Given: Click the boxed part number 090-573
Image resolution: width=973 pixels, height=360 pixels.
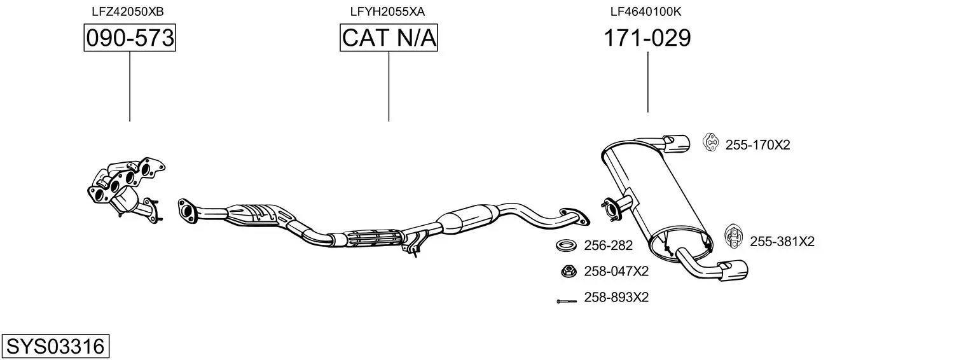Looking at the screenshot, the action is coord(130,38).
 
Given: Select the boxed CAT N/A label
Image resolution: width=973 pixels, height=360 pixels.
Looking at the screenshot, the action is coord(389,38).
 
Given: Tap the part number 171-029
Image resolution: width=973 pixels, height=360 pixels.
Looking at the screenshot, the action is coord(647,38).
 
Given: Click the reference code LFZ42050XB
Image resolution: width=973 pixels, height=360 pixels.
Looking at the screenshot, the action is coord(128,11).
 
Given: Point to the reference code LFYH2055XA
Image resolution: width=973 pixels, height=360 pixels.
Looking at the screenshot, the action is coord(387,11).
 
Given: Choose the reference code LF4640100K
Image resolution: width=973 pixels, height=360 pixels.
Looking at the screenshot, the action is coord(646,11).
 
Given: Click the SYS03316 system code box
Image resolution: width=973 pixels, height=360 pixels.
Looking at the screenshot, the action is coord(55,346).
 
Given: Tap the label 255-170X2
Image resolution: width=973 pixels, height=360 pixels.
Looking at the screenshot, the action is coord(757,144).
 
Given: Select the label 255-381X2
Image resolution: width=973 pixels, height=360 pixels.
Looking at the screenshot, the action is coord(782,241).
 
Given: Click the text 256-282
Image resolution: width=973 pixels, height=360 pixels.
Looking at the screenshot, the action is coord(608,246).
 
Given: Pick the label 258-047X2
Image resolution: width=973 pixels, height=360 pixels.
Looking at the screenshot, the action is coord(616,271).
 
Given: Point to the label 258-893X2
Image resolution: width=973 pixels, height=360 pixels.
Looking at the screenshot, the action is coord(616,297).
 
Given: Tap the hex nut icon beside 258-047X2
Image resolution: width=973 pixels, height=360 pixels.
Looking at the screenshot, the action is coord(567,272).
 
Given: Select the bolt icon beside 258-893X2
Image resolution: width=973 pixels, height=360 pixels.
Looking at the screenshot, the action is coord(567,300).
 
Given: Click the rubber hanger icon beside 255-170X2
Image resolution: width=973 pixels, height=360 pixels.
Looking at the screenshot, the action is coord(710,142).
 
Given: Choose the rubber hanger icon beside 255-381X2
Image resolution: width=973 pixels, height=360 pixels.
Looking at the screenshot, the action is coord(733,237).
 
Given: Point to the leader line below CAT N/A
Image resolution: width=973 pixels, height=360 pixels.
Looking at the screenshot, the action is coord(389,87).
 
